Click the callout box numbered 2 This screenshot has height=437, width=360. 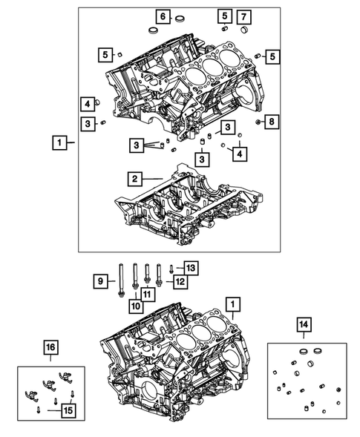[134, 179]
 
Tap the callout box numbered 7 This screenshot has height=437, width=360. [244, 16]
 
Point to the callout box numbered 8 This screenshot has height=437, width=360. [272, 121]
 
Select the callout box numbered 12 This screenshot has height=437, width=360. [179, 281]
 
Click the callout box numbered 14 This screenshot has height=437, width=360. [304, 323]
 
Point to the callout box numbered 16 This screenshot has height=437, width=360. [49, 348]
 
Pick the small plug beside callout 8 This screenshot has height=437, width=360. [256, 121]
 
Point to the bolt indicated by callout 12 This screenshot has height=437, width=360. [160, 276]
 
